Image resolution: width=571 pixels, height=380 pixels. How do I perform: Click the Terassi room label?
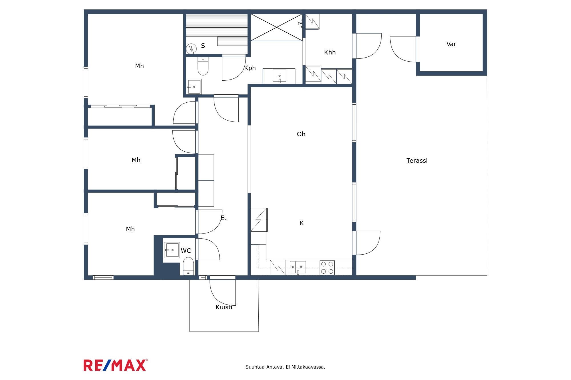417,161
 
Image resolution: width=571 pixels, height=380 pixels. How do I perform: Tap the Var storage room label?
451,44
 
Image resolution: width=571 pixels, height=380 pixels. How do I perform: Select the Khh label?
330,52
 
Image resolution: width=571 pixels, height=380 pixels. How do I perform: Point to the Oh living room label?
301,134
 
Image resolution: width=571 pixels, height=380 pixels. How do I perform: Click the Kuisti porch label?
224,307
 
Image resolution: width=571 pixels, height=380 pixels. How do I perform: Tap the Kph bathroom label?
250,68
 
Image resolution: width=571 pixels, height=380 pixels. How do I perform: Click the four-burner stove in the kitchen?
327,268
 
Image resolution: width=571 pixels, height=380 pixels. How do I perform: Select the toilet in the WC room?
188,266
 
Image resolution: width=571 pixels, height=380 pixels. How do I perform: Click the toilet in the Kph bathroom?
203,66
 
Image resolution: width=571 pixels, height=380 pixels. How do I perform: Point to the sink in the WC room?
172,250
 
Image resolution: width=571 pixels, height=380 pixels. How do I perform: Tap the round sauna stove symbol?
191,49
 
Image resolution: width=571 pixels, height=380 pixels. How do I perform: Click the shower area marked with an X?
276,27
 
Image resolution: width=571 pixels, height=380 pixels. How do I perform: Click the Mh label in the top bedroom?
139,66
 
